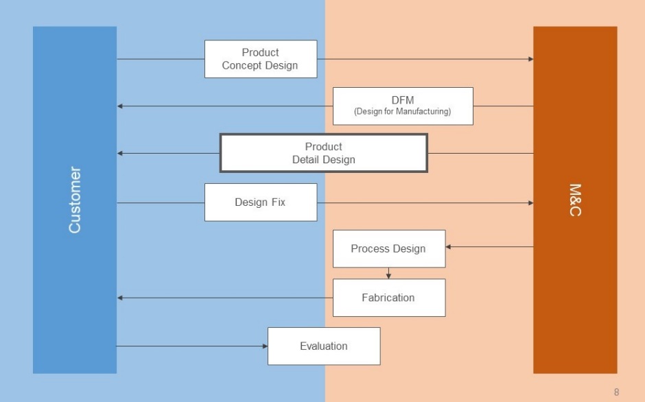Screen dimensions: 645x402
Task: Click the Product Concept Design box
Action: pyautogui.click(x=261, y=59)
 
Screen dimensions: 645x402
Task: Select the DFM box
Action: pyautogui.click(x=403, y=106)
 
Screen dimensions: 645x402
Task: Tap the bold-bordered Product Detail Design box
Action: pyautogui.click(x=324, y=153)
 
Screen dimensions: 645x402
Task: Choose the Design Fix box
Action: pyautogui.click(x=261, y=202)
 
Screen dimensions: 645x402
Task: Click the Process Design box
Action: pyautogui.click(x=389, y=248)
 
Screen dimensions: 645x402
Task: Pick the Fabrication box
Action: pyautogui.click(x=389, y=298)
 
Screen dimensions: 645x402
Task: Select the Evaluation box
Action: pyautogui.click(x=324, y=346)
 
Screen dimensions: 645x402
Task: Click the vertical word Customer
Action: pyautogui.click(x=75, y=200)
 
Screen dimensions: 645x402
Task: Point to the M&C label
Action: pyautogui.click(x=575, y=200)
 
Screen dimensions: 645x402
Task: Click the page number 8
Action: pyautogui.click(x=616, y=392)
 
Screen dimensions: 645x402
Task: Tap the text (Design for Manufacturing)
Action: pyautogui.click(x=402, y=111)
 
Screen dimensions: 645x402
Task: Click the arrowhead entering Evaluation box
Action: pyautogui.click(x=266, y=346)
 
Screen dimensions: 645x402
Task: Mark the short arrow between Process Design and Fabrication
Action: pyautogui.click(x=388, y=273)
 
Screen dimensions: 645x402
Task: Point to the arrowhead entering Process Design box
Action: pyautogui.click(x=448, y=247)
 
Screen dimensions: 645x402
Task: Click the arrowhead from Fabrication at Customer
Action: pyautogui.click(x=119, y=298)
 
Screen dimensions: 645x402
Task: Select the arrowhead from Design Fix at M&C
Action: pyautogui.click(x=530, y=203)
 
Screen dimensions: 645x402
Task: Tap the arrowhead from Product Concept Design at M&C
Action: pyautogui.click(x=530, y=59)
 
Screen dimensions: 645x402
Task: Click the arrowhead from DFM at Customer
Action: pyautogui.click(x=119, y=106)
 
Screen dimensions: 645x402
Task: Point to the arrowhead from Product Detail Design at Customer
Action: pyautogui.click(x=119, y=153)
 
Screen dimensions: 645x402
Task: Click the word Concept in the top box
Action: pyautogui.click(x=241, y=65)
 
